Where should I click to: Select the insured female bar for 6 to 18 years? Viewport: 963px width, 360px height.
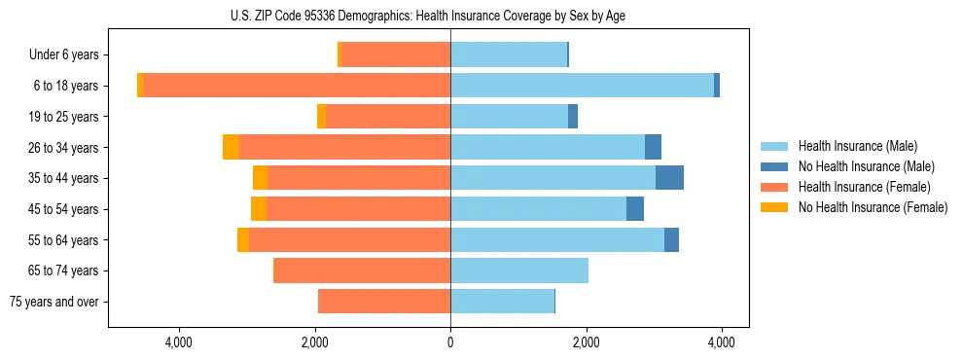click(x=297, y=86)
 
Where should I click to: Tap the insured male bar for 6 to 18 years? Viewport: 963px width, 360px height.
click(x=582, y=86)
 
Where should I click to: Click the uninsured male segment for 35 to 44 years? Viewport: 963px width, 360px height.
click(x=669, y=178)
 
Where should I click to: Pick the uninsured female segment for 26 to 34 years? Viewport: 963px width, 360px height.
click(x=231, y=147)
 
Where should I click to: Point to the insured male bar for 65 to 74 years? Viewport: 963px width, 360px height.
click(x=519, y=270)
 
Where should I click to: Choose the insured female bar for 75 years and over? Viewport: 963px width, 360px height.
click(x=384, y=302)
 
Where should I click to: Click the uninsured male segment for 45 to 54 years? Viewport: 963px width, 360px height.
click(x=635, y=209)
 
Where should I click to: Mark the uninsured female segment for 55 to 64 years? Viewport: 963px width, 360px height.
click(x=243, y=240)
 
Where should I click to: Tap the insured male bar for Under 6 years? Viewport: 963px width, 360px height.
click(x=509, y=54)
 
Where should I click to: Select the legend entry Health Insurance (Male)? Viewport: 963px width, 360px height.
click(x=857, y=146)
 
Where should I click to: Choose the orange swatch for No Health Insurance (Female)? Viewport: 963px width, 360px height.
click(x=774, y=207)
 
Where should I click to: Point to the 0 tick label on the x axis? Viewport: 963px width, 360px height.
click(x=450, y=342)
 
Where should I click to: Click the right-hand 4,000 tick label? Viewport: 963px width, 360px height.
click(x=721, y=342)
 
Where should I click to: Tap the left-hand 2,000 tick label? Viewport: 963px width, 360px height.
click(x=315, y=342)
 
